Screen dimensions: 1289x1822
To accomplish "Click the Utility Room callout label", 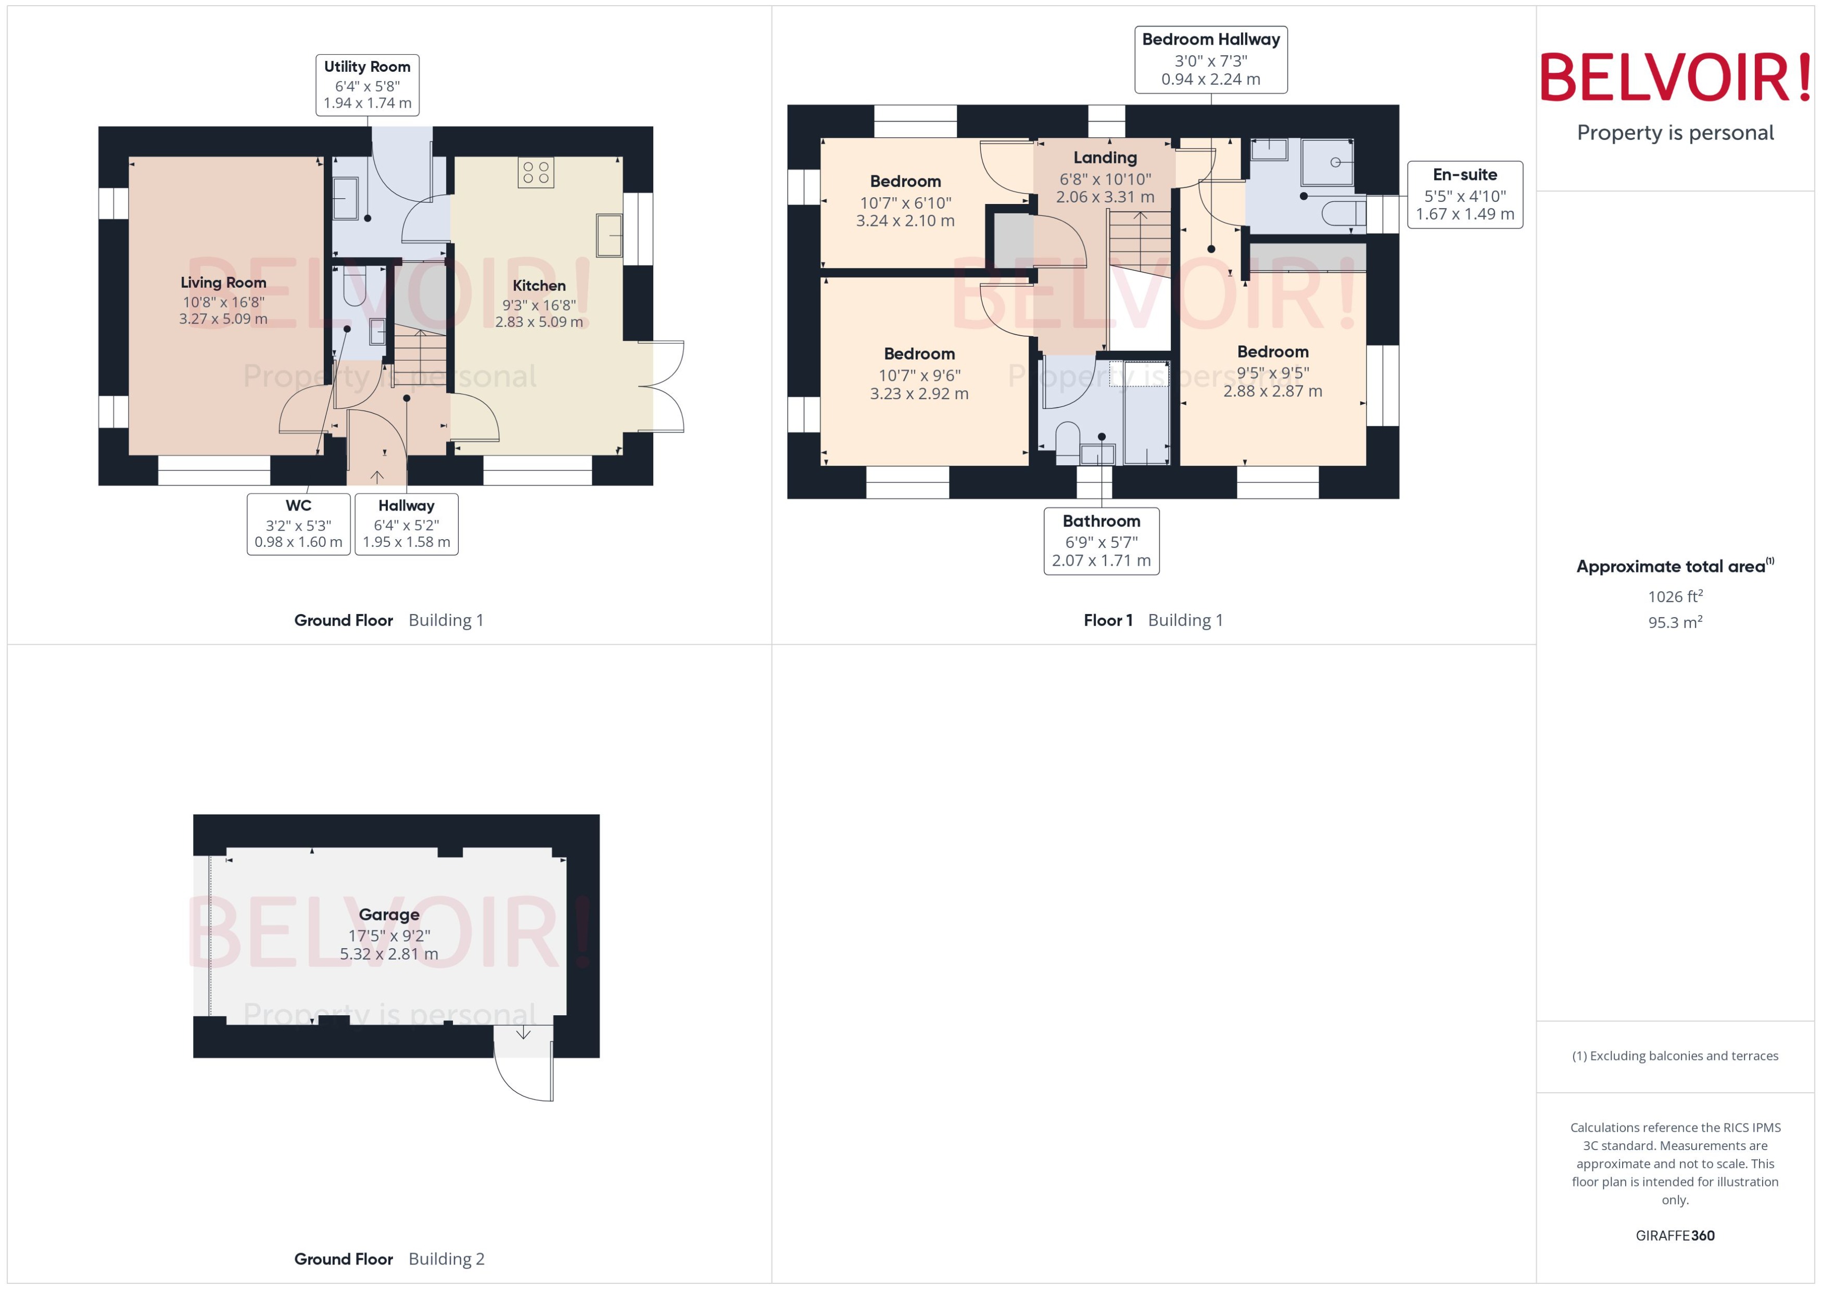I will coord(367,84).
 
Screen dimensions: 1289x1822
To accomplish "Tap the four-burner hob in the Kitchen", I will coord(535,172).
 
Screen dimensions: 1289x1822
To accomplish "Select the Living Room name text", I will coord(223,283).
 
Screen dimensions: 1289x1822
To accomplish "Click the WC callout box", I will coord(298,524).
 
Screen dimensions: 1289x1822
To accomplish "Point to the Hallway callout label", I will coord(407,524).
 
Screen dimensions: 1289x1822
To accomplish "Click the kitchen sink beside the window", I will coord(609,235).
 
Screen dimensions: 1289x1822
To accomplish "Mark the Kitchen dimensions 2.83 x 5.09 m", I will coord(539,322).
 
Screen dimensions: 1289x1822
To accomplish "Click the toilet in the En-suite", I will coord(1343,213).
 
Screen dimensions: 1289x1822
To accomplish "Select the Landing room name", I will coord(1105,158).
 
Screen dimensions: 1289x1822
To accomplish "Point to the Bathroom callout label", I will coord(1101,541).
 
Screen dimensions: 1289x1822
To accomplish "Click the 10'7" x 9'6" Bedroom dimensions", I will coord(919,375).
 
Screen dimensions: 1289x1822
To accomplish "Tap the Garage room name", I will coord(389,914).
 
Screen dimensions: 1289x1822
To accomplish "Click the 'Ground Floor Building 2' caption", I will coord(389,1259).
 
